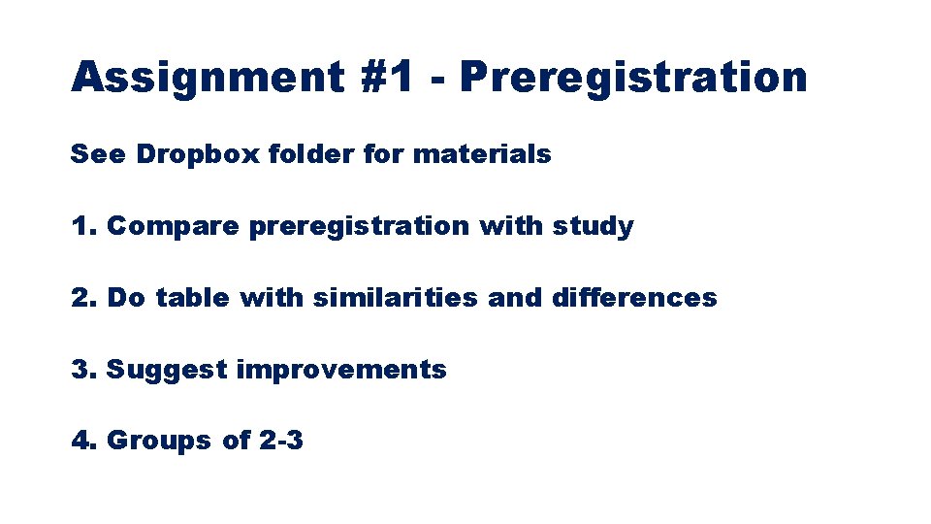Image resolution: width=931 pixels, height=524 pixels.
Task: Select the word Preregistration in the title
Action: (x=634, y=77)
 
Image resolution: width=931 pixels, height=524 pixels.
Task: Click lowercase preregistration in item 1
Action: (x=359, y=226)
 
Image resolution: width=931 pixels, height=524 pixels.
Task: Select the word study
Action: (x=594, y=226)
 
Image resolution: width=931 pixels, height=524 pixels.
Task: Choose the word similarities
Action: (x=396, y=298)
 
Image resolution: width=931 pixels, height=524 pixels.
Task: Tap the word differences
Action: (x=634, y=298)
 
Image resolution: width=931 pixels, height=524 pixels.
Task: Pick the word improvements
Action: (x=341, y=370)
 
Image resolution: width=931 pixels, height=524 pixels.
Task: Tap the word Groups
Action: (x=159, y=441)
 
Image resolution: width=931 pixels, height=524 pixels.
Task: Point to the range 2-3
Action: (x=281, y=441)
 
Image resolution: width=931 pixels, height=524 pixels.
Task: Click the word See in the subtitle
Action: (x=97, y=153)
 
